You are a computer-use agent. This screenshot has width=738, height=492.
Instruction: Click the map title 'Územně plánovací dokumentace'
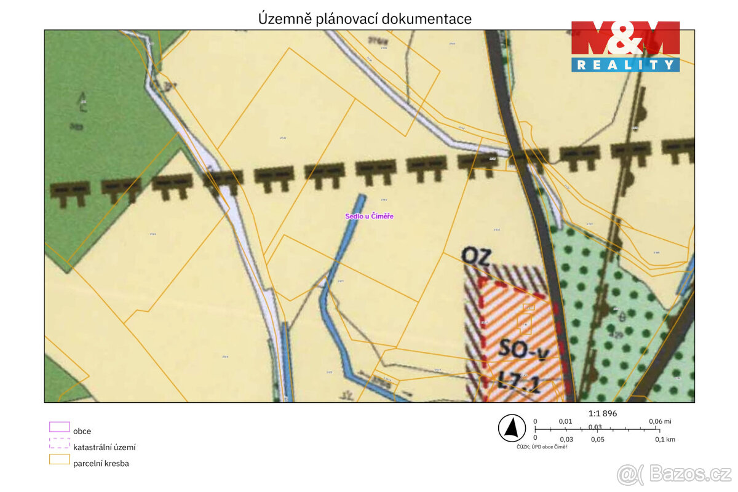point(365,19)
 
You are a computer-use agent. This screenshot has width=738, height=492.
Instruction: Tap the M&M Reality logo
point(625,46)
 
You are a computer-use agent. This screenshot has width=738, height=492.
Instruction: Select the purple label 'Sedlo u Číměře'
point(369,216)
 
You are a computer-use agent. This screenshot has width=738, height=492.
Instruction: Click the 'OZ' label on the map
point(476,256)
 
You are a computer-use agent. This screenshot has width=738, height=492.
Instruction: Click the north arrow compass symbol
point(511,428)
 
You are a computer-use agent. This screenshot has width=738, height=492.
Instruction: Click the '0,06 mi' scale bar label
point(659,421)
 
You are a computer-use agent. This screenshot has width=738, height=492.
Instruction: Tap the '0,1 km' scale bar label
point(664,439)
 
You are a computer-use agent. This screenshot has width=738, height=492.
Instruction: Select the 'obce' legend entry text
point(82,431)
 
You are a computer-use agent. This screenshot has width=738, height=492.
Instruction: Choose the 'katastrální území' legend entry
point(104,447)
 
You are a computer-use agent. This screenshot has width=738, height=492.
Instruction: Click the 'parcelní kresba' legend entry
point(101,463)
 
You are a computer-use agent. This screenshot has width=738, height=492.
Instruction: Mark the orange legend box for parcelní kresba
point(59,459)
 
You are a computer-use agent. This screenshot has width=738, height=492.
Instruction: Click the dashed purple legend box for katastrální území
point(59,443)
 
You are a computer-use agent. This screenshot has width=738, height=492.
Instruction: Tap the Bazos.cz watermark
point(674,474)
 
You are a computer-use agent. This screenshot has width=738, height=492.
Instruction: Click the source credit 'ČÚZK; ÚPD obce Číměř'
point(542,447)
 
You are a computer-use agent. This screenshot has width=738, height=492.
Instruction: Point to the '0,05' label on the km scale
point(597,439)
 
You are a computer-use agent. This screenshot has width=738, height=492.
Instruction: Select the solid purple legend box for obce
point(59,427)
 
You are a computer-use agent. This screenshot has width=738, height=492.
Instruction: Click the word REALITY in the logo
point(625,64)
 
